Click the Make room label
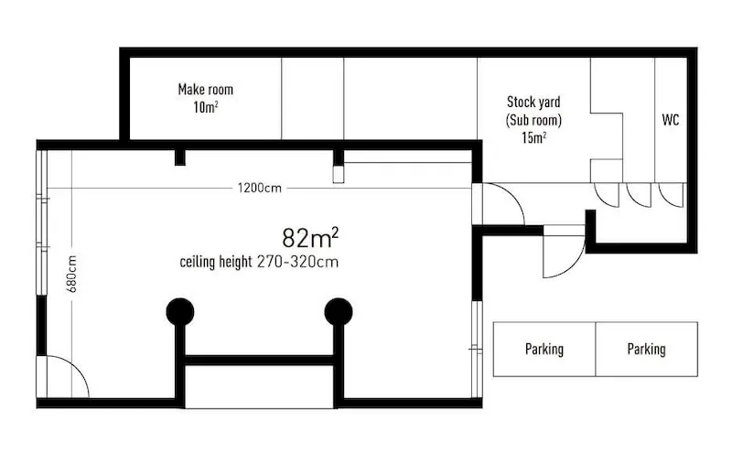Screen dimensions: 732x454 [205, 89]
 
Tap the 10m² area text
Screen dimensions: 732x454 [206, 107]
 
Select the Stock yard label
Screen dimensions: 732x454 [533, 102]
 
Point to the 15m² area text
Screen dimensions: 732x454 [534, 138]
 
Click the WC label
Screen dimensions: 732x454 [671, 120]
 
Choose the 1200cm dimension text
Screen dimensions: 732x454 [260, 189]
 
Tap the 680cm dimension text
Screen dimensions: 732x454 [72, 275]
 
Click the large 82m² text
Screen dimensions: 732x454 [310, 237]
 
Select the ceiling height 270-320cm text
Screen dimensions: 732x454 [259, 262]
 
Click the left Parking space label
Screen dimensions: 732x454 [544, 350]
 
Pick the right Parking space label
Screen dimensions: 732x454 [647, 350]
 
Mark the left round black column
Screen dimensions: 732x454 [180, 312]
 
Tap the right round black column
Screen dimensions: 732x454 [339, 312]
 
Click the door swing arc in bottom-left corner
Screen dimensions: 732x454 [79, 368]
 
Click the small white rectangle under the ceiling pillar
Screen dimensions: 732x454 [339, 174]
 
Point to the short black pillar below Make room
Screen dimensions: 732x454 [180, 157]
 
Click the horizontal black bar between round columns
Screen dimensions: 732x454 [260, 360]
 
